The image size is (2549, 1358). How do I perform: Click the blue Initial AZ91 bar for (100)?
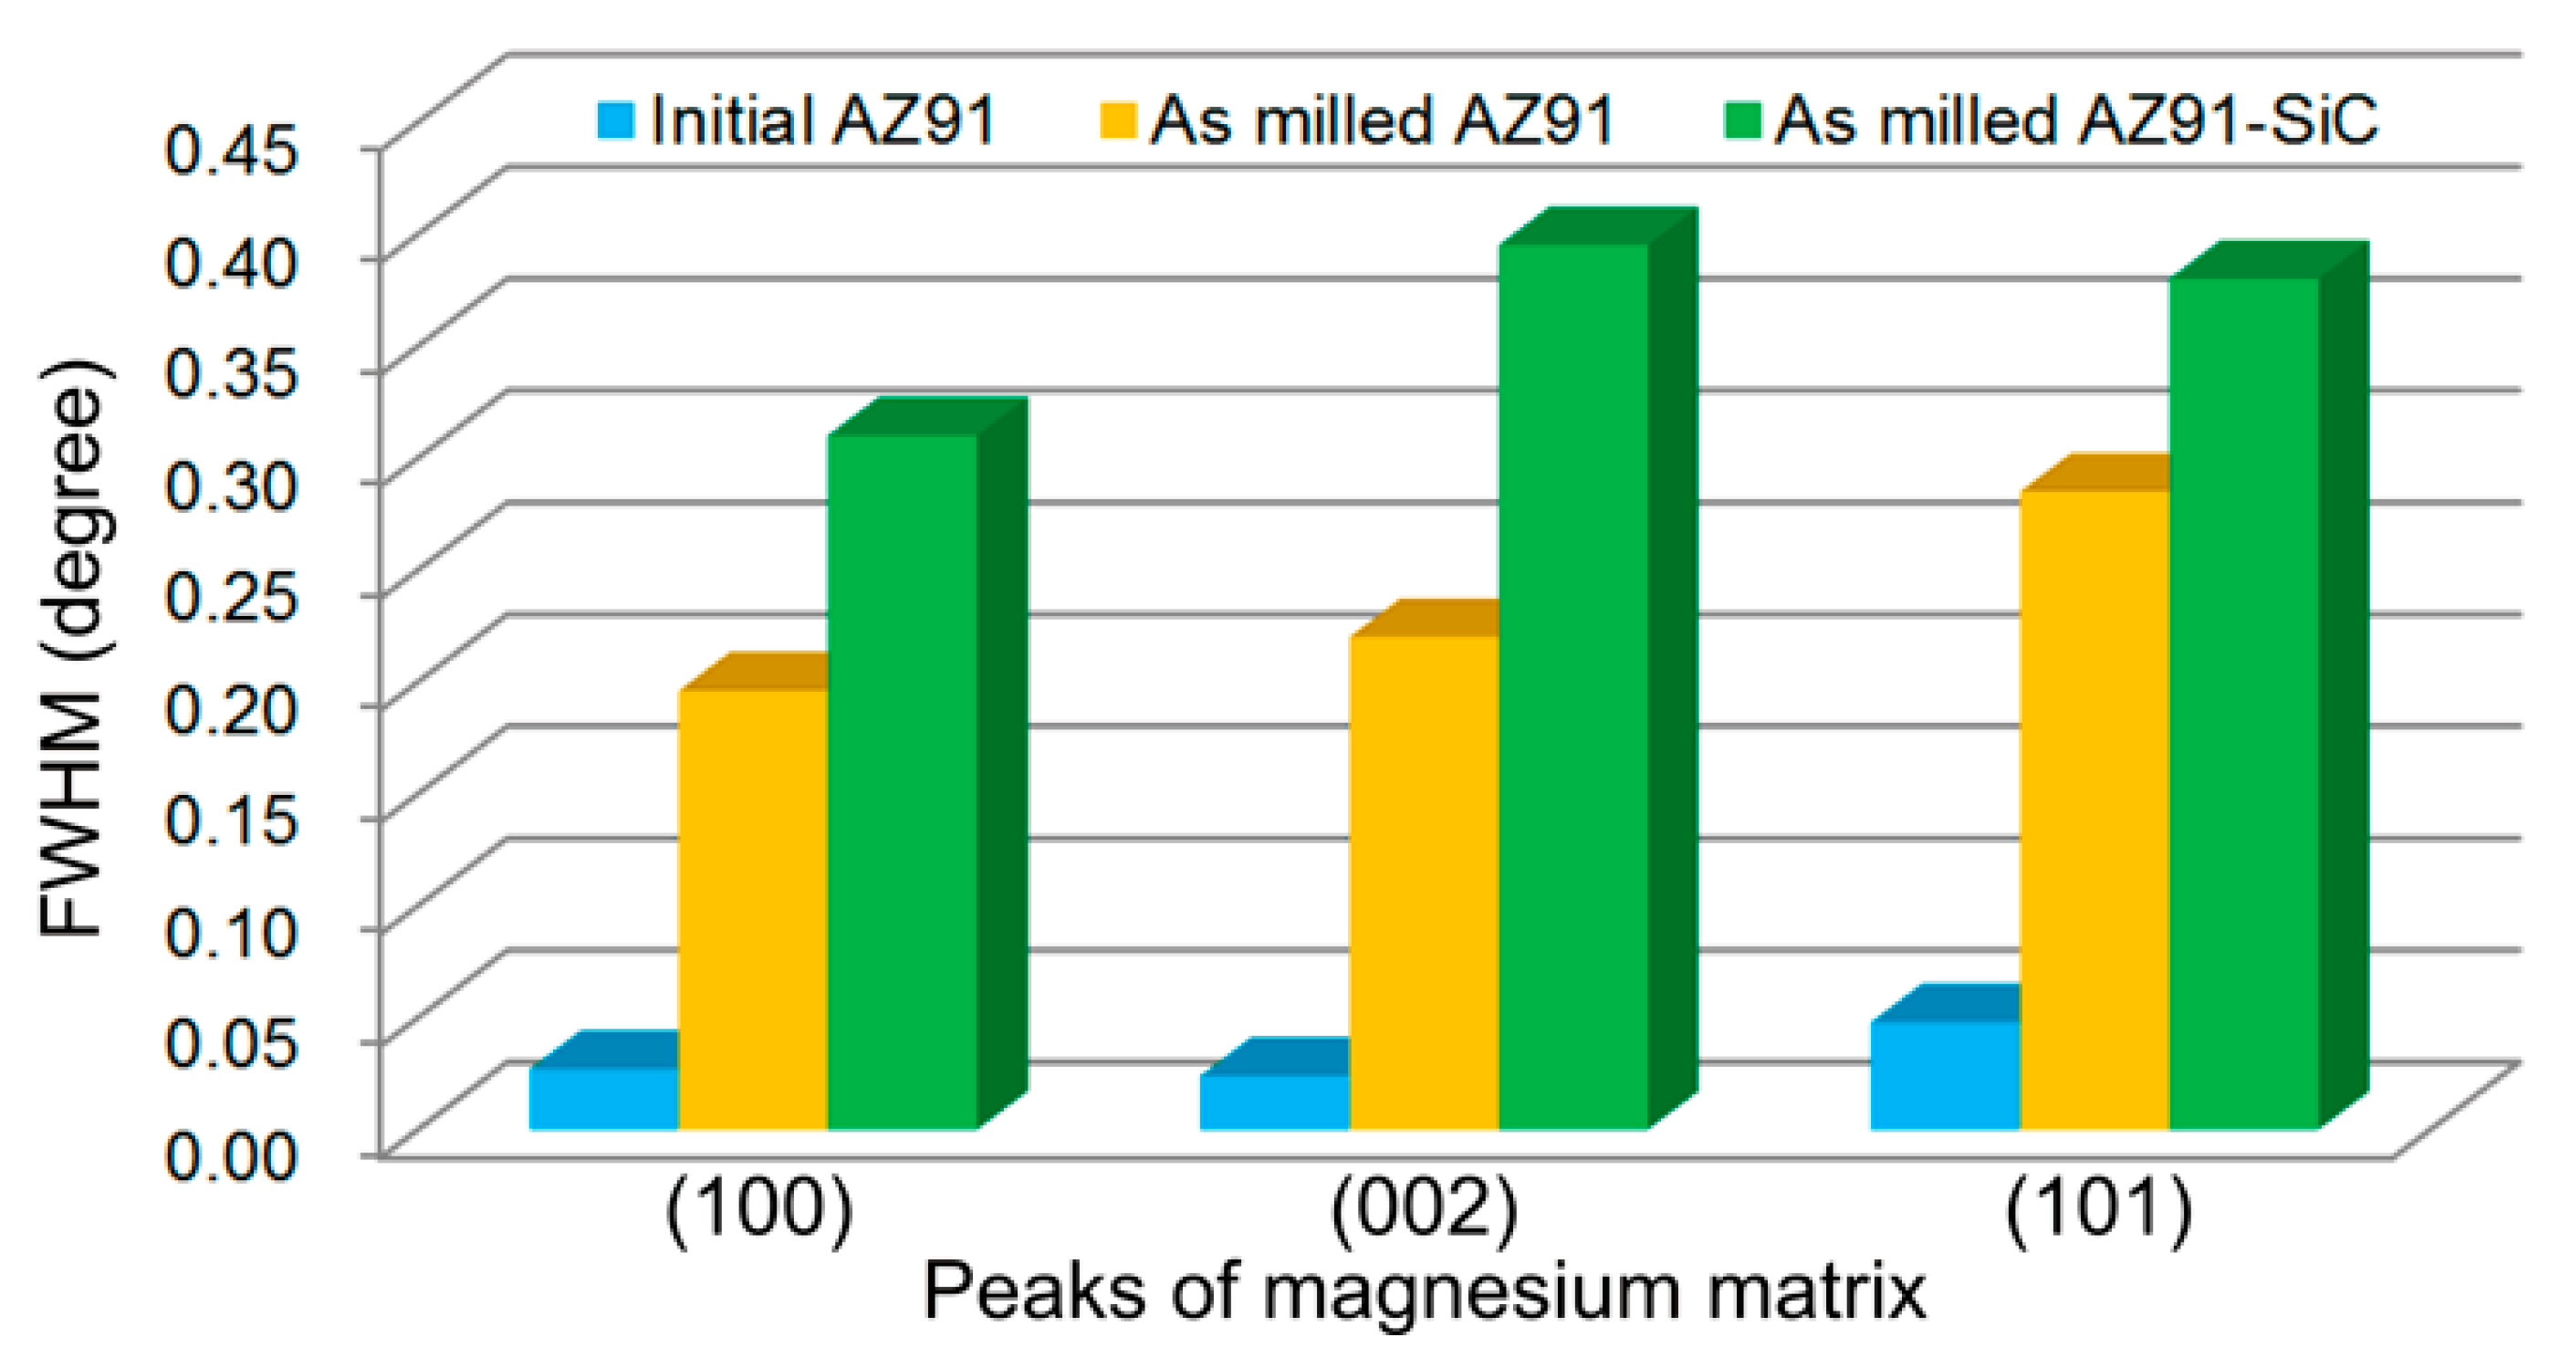tap(603, 1098)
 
